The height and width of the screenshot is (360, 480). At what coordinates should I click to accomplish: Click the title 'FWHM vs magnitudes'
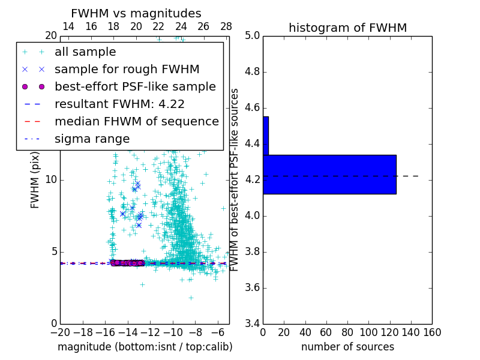[136, 13]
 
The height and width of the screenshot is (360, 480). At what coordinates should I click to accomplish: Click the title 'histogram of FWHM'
[347, 28]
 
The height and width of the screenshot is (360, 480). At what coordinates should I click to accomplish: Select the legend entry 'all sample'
[85, 52]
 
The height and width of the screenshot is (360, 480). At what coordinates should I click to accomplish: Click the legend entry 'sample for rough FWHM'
[127, 70]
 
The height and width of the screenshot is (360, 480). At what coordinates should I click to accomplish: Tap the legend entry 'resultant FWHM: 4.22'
[119, 104]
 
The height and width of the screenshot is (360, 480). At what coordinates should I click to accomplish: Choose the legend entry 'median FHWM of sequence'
[136, 122]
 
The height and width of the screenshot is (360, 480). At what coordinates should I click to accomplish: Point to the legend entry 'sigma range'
[92, 139]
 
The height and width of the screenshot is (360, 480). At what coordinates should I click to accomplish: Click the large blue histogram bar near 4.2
[329, 175]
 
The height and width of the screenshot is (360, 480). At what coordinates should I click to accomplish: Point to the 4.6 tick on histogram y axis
[252, 108]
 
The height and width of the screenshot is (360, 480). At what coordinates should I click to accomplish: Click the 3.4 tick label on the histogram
[252, 323]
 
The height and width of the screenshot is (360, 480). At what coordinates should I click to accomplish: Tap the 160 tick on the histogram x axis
[432, 332]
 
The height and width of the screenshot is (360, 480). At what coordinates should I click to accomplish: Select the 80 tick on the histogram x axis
[347, 332]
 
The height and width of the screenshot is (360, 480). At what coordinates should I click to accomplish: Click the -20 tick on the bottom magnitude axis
[60, 332]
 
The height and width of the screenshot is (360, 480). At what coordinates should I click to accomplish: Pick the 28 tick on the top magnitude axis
[226, 26]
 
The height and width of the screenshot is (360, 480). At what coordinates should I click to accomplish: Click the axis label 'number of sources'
[347, 347]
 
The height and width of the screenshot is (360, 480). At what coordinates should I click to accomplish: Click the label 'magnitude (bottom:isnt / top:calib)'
[145, 347]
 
